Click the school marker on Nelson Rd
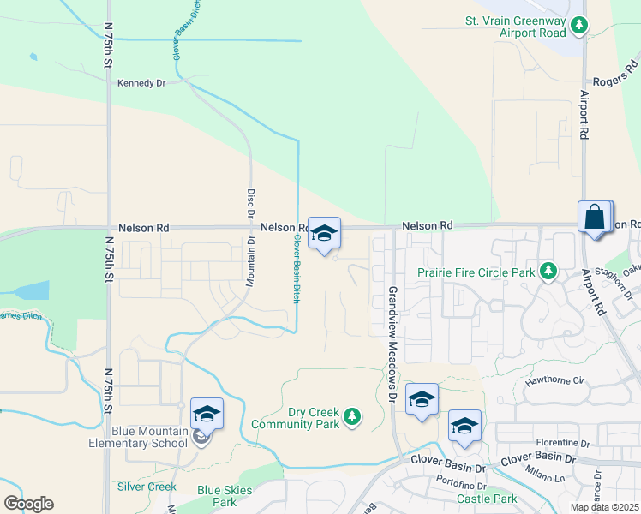pyautogui.click(x=324, y=233)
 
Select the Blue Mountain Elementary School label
pyautogui.click(x=138, y=437)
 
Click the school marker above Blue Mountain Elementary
pyautogui.click(x=207, y=415)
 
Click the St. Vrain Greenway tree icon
pyautogui.click(x=581, y=27)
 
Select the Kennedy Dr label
pyautogui.click(x=141, y=83)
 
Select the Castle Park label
pyautogui.click(x=487, y=499)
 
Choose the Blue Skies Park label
pyautogui.click(x=216, y=496)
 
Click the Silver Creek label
pyautogui.click(x=147, y=487)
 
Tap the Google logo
pyautogui.click(x=28, y=504)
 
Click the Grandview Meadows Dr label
pyautogui.click(x=392, y=344)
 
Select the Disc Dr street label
pyautogui.click(x=252, y=205)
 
